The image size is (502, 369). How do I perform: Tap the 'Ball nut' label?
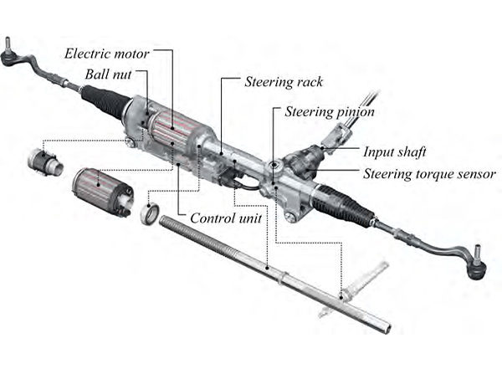tap(106, 73)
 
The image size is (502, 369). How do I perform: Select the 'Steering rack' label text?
tap(284, 82)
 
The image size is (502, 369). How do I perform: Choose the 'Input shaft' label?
tap(395, 152)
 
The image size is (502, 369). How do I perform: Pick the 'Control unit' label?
tap(226, 218)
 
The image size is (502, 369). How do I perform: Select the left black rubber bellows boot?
tap(105, 101)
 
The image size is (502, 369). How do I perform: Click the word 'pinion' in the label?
tap(351, 110)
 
